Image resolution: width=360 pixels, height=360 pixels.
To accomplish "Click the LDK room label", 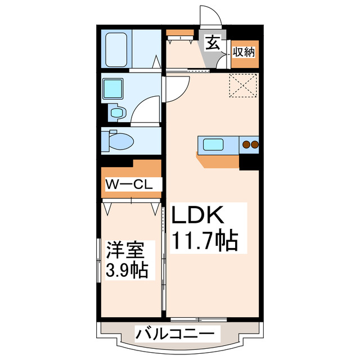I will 198,217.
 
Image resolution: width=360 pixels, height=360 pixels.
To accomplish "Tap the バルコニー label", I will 175,335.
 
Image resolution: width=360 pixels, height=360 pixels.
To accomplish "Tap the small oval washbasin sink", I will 116,113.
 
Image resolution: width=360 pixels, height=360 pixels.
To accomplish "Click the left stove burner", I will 245,145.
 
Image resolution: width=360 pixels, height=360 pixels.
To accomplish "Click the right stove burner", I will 254,145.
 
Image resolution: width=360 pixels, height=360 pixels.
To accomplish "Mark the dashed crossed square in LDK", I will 244,86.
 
